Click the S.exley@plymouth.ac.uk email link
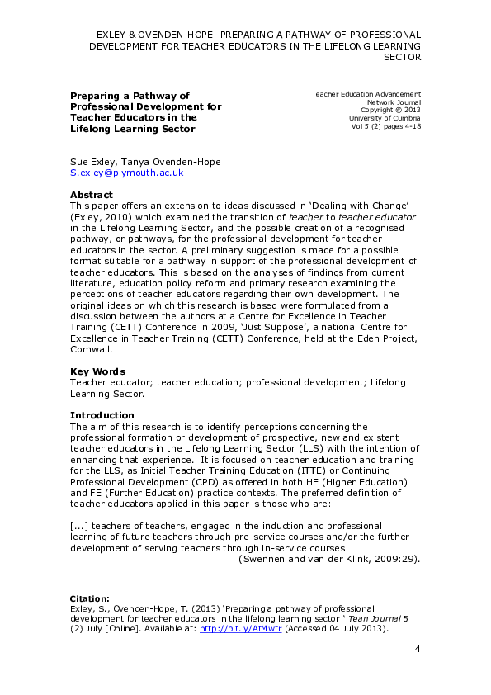[x=126, y=173]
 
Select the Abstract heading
[x=92, y=195]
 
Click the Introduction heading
[x=102, y=415]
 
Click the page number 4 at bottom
[x=418, y=650]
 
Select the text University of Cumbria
[x=385, y=119]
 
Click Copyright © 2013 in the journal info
[x=390, y=111]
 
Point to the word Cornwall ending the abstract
[x=91, y=349]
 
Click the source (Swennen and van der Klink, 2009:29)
[x=329, y=559]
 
